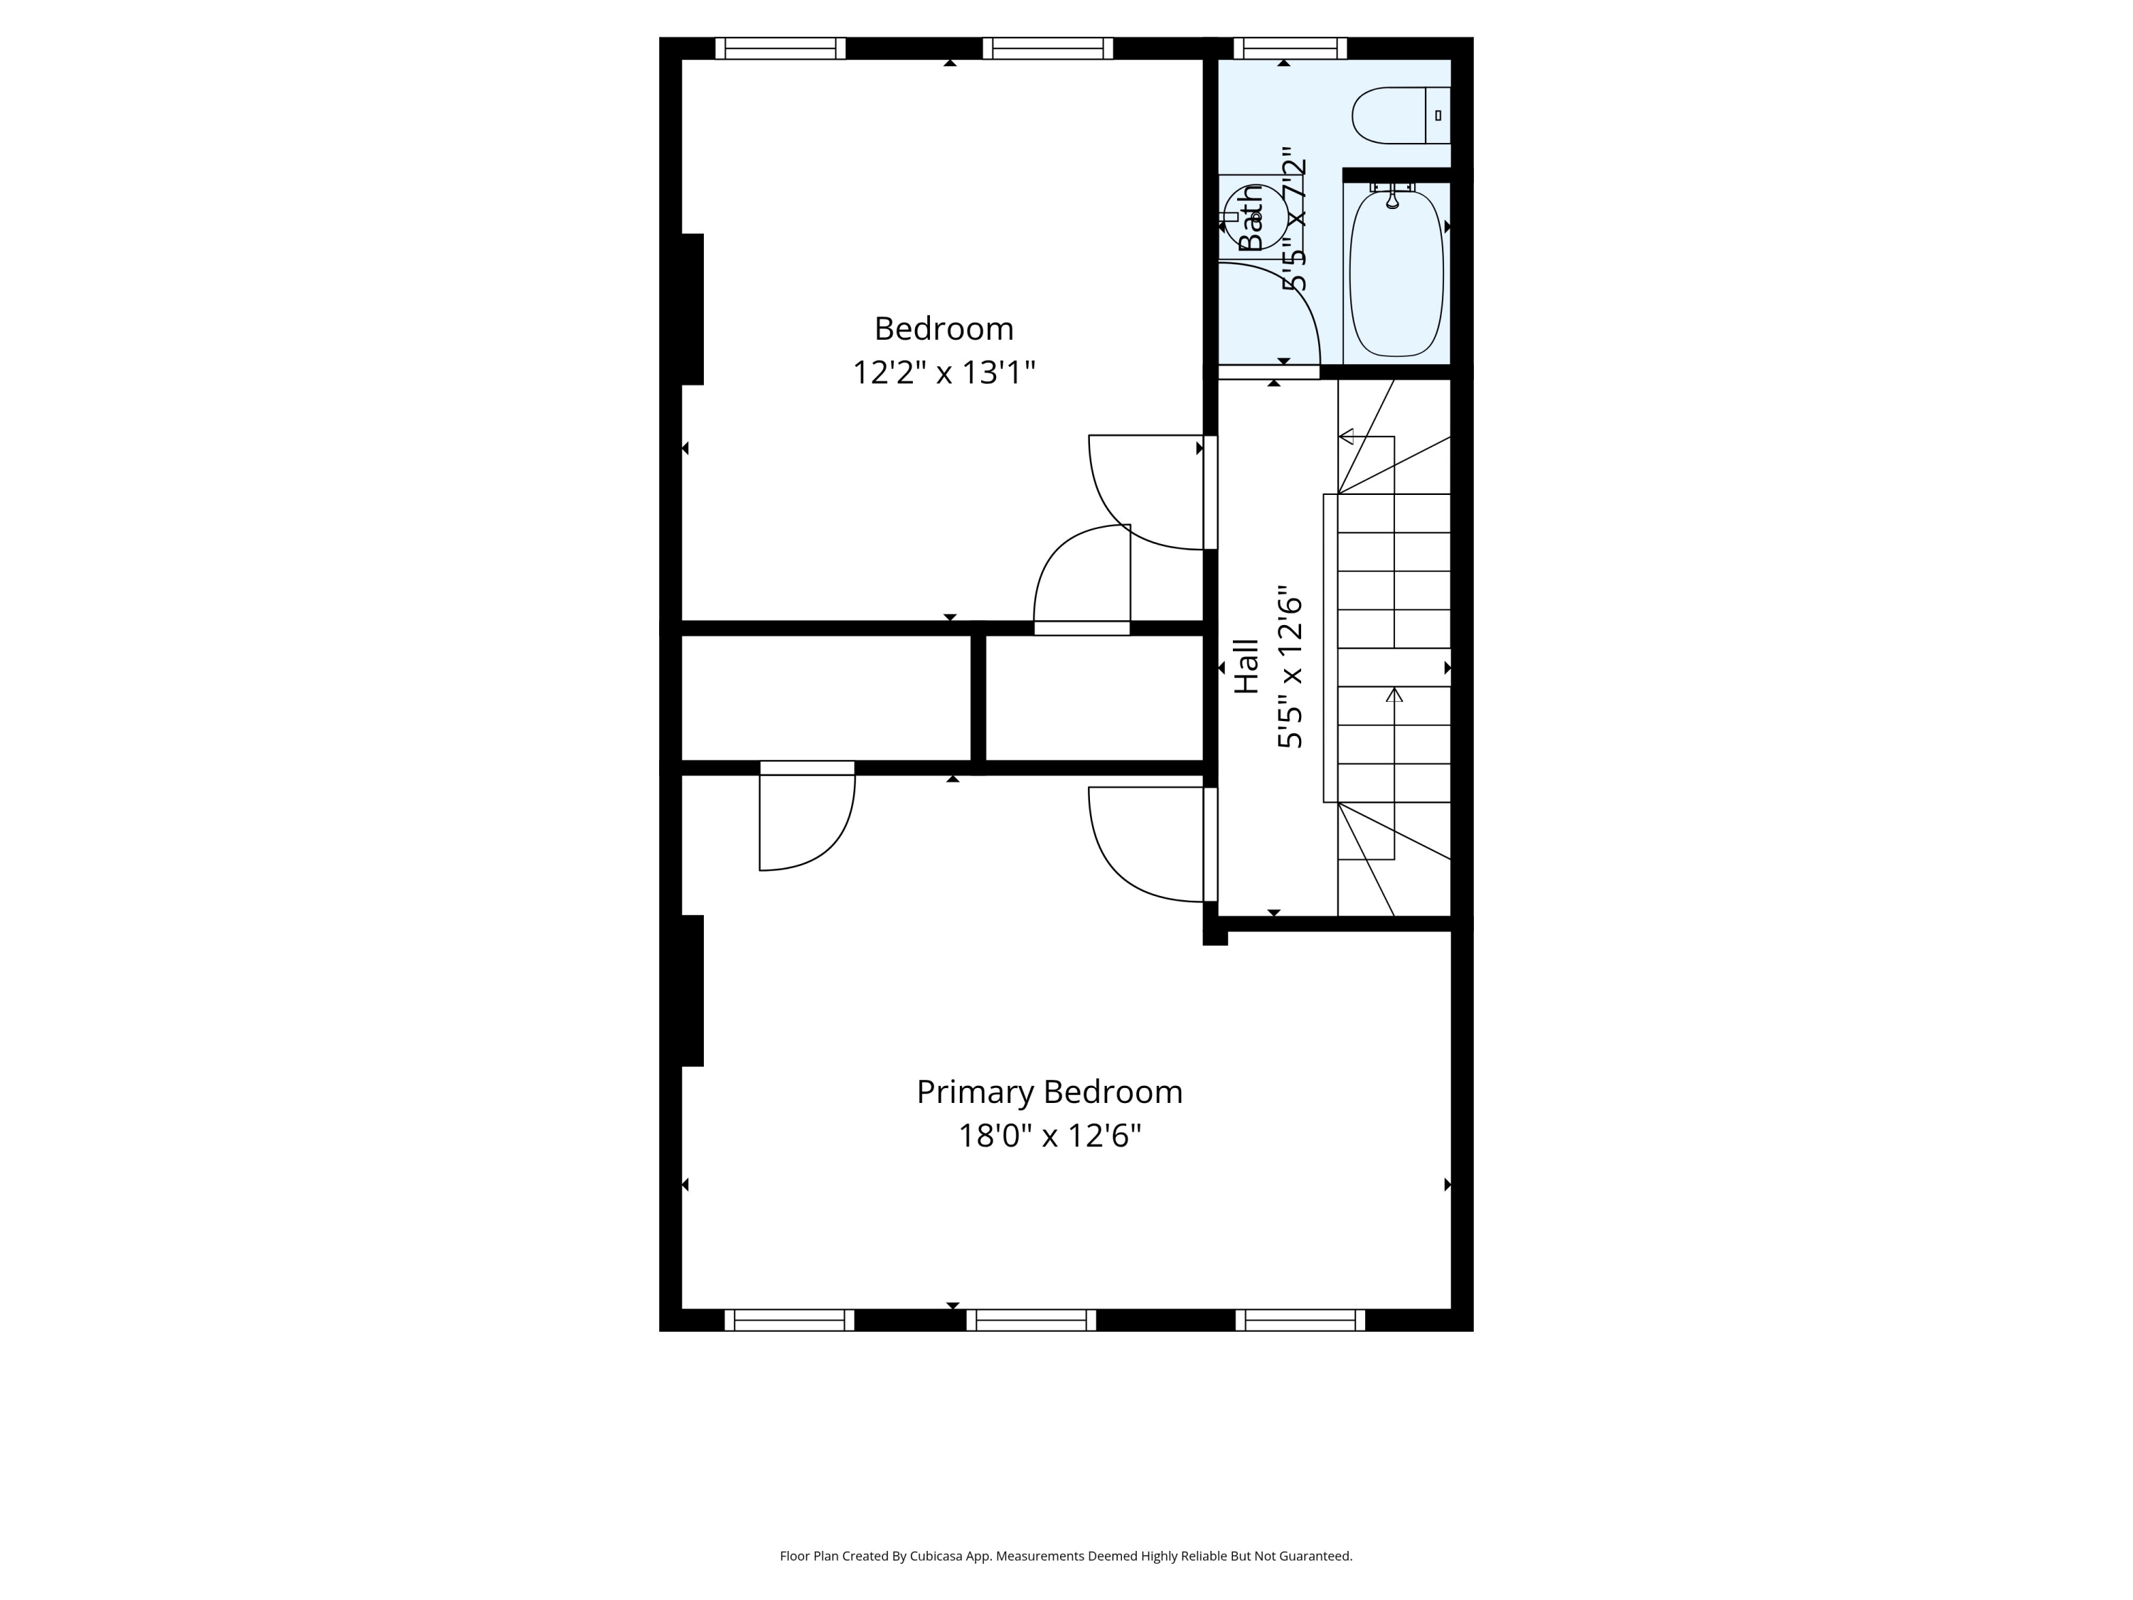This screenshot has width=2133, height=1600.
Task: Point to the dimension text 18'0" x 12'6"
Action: pyautogui.click(x=1049, y=1136)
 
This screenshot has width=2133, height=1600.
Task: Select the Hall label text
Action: pyautogui.click(x=1247, y=666)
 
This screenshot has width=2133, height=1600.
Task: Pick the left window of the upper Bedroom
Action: pyautogui.click(x=780, y=48)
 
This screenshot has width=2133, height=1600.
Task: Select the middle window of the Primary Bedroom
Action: pyautogui.click(x=1031, y=1321)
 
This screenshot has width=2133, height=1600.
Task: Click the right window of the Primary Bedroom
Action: pyautogui.click(x=1300, y=1321)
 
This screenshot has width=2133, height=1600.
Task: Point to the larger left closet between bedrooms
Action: pyautogui.click(x=825, y=698)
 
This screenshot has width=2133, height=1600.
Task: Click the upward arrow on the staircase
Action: pyautogui.click(x=1394, y=694)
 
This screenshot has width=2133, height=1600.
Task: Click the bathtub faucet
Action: pyautogui.click(x=1391, y=198)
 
